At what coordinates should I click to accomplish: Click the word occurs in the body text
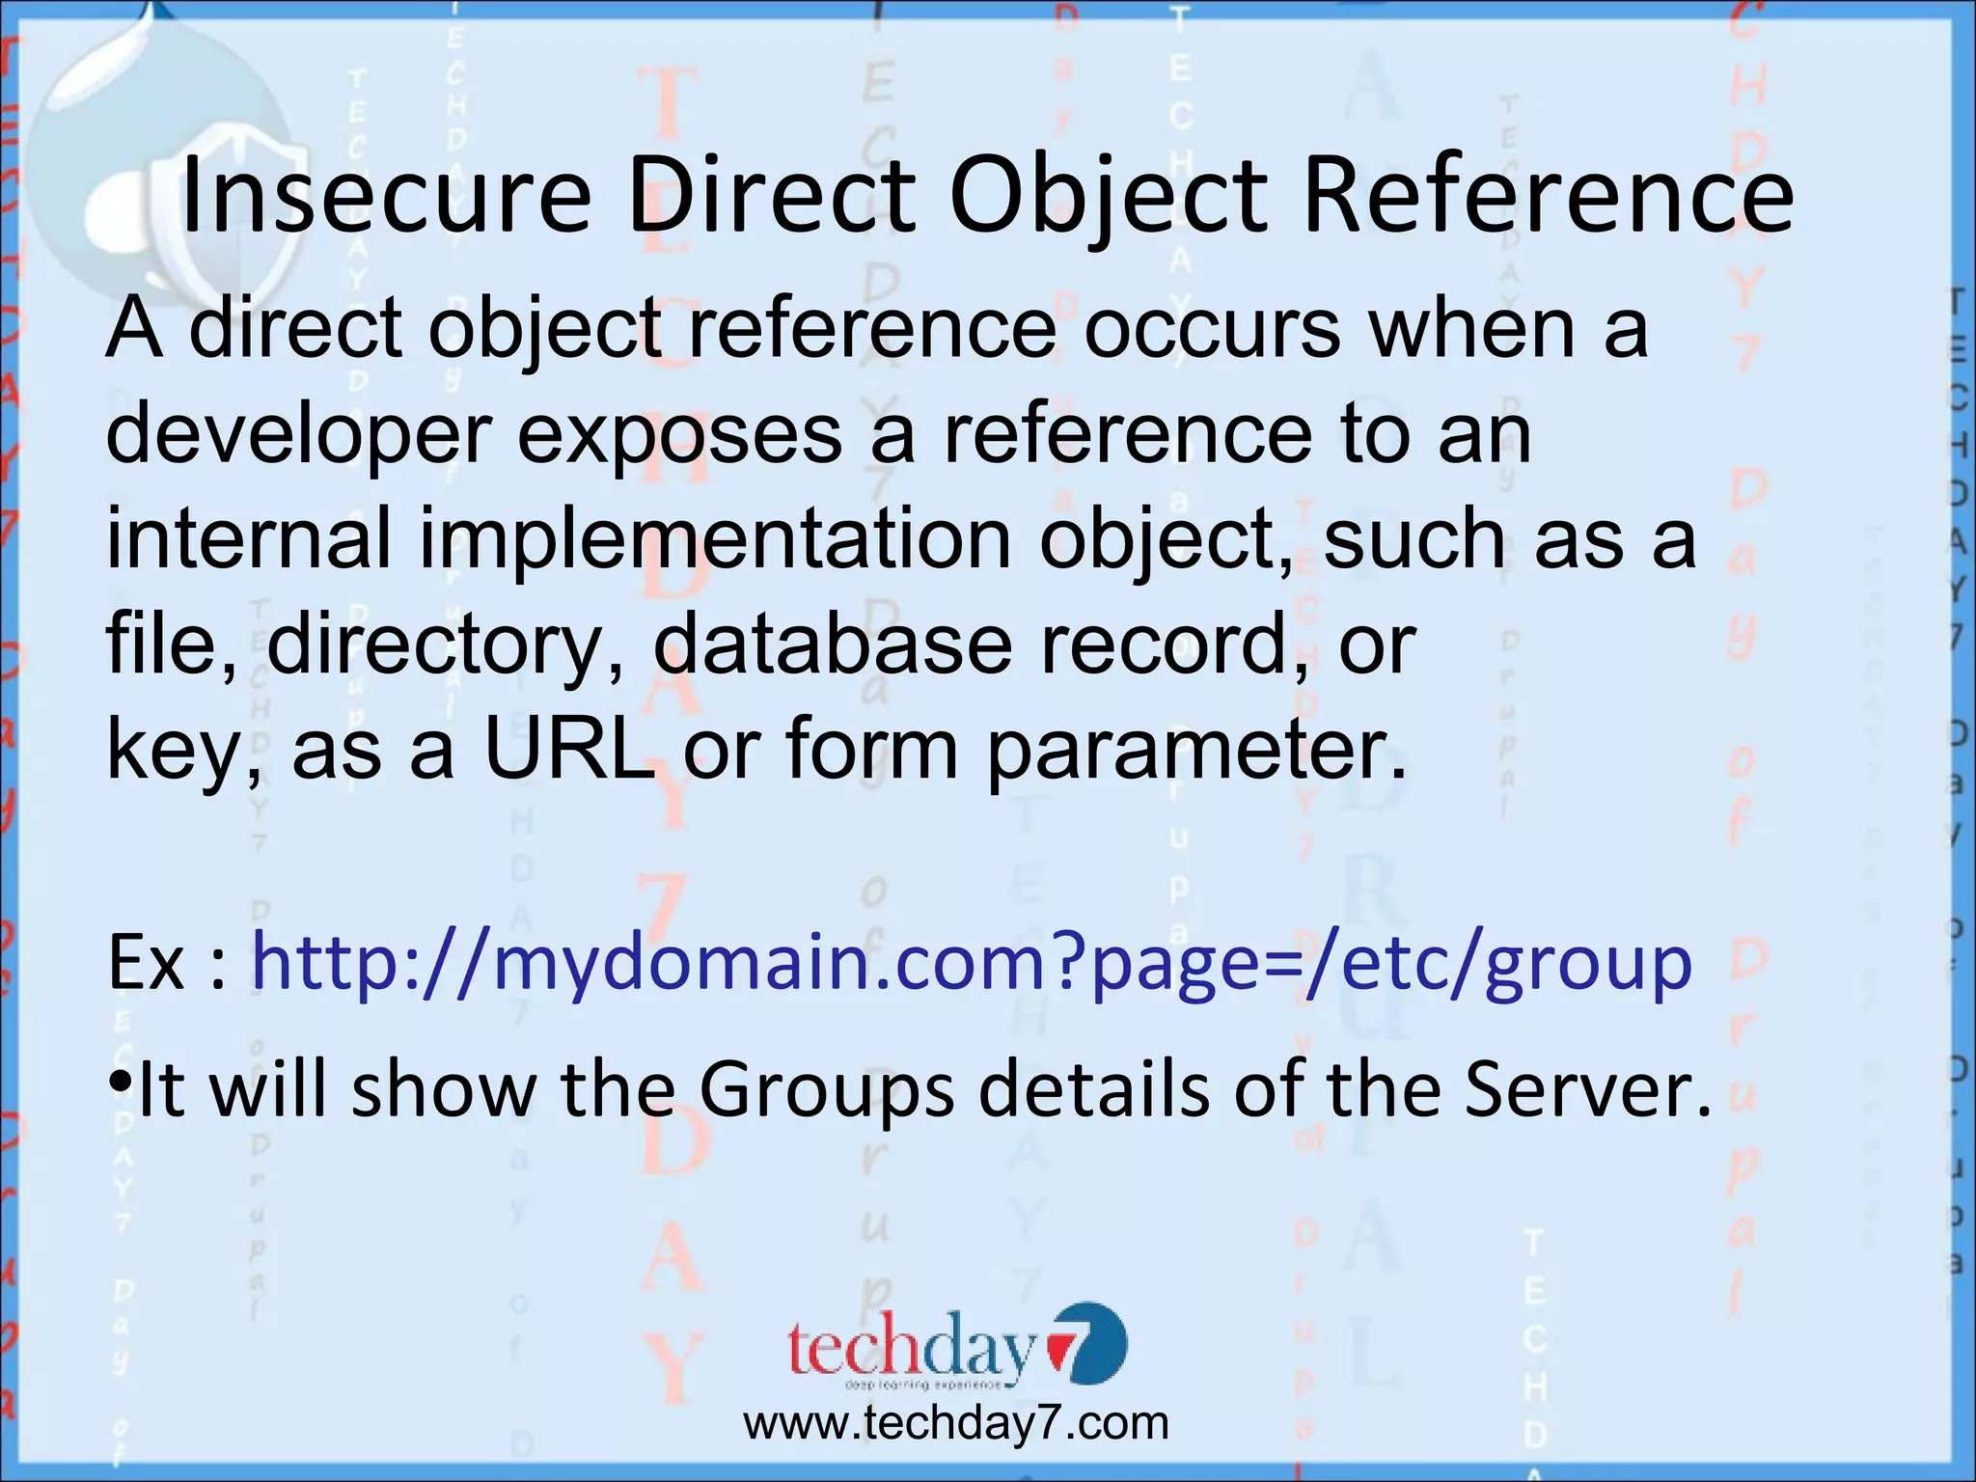(x=1212, y=328)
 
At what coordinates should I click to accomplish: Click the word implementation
(x=714, y=540)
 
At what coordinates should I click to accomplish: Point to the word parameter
(x=1196, y=753)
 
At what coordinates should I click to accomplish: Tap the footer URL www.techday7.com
(x=955, y=1424)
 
